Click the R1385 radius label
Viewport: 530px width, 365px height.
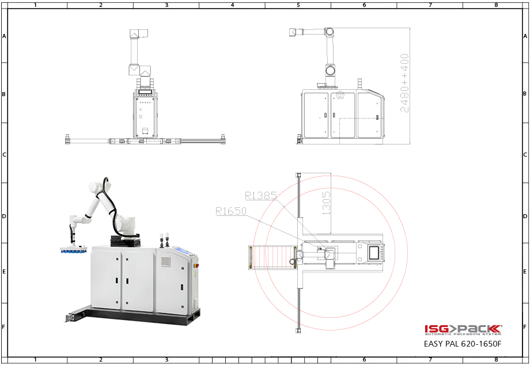(x=261, y=196)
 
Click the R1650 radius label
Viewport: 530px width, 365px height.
(x=231, y=211)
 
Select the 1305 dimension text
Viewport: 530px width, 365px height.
(x=326, y=203)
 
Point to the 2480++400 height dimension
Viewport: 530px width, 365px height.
(x=404, y=83)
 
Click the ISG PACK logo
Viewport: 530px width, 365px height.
(x=463, y=330)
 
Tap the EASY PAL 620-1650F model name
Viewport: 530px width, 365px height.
(x=463, y=344)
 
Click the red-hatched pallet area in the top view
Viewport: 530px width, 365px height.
(x=272, y=258)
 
